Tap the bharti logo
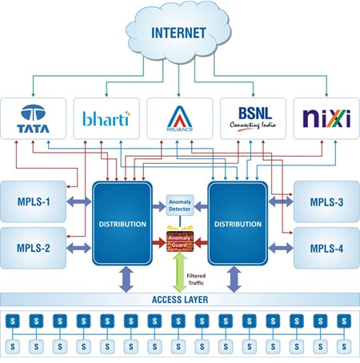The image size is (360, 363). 106,118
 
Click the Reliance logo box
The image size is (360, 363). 179,118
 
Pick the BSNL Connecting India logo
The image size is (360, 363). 252,118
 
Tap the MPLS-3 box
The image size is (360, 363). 326,201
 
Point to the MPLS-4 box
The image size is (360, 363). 326,247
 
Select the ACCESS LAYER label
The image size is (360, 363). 180,301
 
